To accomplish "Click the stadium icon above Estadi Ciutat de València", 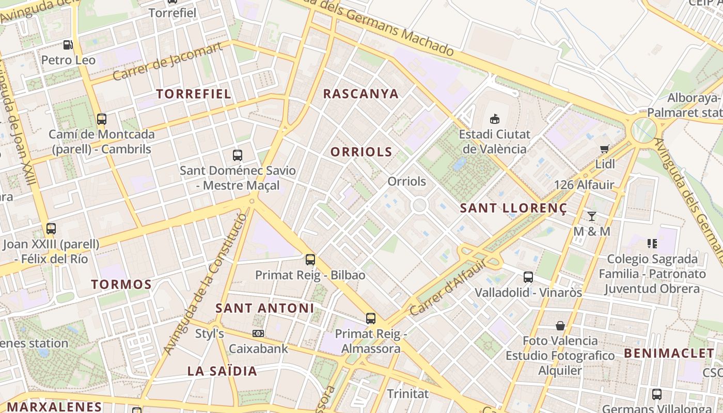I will tap(495, 119).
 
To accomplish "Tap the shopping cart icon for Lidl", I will tap(605, 149).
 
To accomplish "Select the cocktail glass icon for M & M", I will tap(592, 216).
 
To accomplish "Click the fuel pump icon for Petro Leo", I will tap(68, 45).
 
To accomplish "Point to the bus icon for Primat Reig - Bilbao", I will tap(310, 260).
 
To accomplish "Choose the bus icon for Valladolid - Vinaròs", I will tap(528, 277).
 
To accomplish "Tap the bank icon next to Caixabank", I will tap(258, 333).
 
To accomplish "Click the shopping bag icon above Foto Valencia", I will tap(560, 326).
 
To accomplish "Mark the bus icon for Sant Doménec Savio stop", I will tap(238, 155).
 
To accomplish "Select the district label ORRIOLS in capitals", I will tap(361, 152).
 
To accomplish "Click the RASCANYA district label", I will tap(361, 94).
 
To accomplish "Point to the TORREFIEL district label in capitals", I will tap(194, 94).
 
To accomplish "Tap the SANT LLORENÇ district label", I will tap(513, 209).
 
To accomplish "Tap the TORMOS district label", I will tap(121, 284).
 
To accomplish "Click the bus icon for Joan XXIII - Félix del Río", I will tap(51, 228).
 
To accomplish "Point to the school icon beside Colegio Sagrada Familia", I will tap(652, 243).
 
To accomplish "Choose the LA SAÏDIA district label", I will tap(222, 371).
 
